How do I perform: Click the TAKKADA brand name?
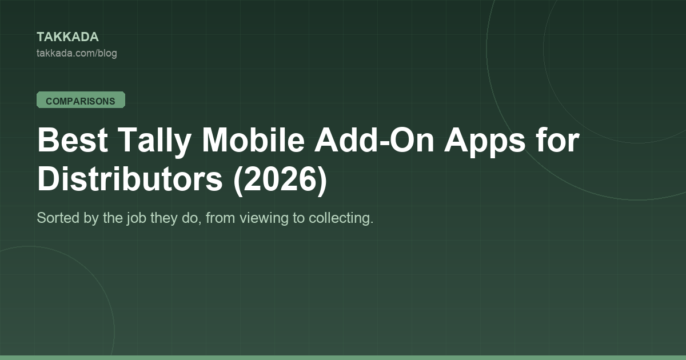tap(67, 37)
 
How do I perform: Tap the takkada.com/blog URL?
tap(77, 53)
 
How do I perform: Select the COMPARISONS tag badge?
tap(81, 100)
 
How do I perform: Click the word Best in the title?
tap(73, 140)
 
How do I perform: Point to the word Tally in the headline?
tap(154, 141)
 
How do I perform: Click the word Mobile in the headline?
tap(253, 140)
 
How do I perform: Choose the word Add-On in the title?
tap(374, 140)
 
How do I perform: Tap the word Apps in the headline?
tap(485, 142)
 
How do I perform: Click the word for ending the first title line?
tap(557, 139)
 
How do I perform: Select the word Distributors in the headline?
tap(130, 179)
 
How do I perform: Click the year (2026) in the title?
tap(280, 181)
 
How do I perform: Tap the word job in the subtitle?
tap(136, 219)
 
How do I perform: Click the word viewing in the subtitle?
tap(264, 219)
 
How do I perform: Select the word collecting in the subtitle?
tap(341, 219)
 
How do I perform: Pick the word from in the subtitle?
tap(220, 218)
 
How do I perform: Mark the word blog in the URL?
tap(108, 54)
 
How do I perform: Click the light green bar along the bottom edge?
tap(343, 358)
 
